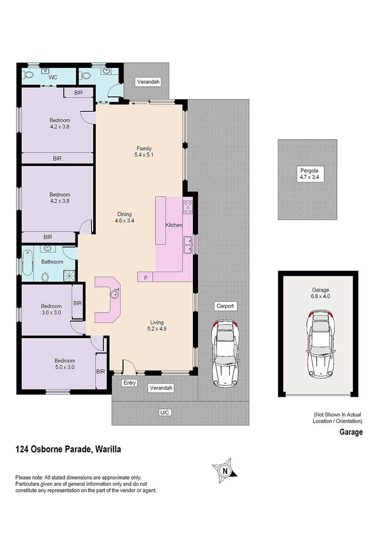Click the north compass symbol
(225, 470)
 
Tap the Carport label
(225, 306)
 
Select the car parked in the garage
(320, 343)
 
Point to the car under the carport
(225, 353)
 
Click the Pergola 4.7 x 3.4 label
(309, 174)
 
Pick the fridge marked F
(146, 278)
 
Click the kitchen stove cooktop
(188, 207)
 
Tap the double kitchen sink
(188, 245)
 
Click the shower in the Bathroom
(69, 276)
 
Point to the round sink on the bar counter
(115, 294)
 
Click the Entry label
(130, 382)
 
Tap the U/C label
(164, 412)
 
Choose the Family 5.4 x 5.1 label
(144, 151)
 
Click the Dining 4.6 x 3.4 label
(124, 217)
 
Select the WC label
(53, 77)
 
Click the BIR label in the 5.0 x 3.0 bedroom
(100, 372)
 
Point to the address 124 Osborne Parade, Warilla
(68, 449)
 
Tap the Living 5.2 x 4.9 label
(157, 325)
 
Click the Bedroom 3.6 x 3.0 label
(51, 309)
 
